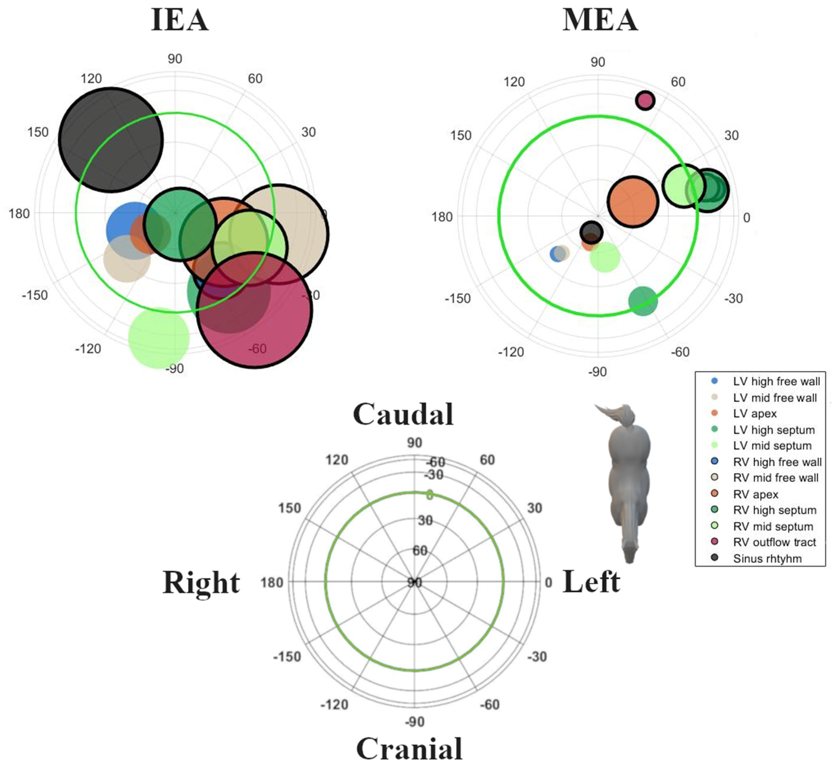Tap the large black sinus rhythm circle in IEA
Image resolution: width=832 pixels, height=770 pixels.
pyautogui.click(x=110, y=140)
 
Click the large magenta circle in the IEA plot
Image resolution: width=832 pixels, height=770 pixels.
pyautogui.click(x=254, y=310)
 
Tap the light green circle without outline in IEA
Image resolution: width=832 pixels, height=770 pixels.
pyautogui.click(x=159, y=338)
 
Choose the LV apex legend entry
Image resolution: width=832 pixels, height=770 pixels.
pyautogui.click(x=754, y=413)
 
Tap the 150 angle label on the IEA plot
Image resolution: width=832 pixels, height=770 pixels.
pyautogui.click(x=38, y=132)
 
